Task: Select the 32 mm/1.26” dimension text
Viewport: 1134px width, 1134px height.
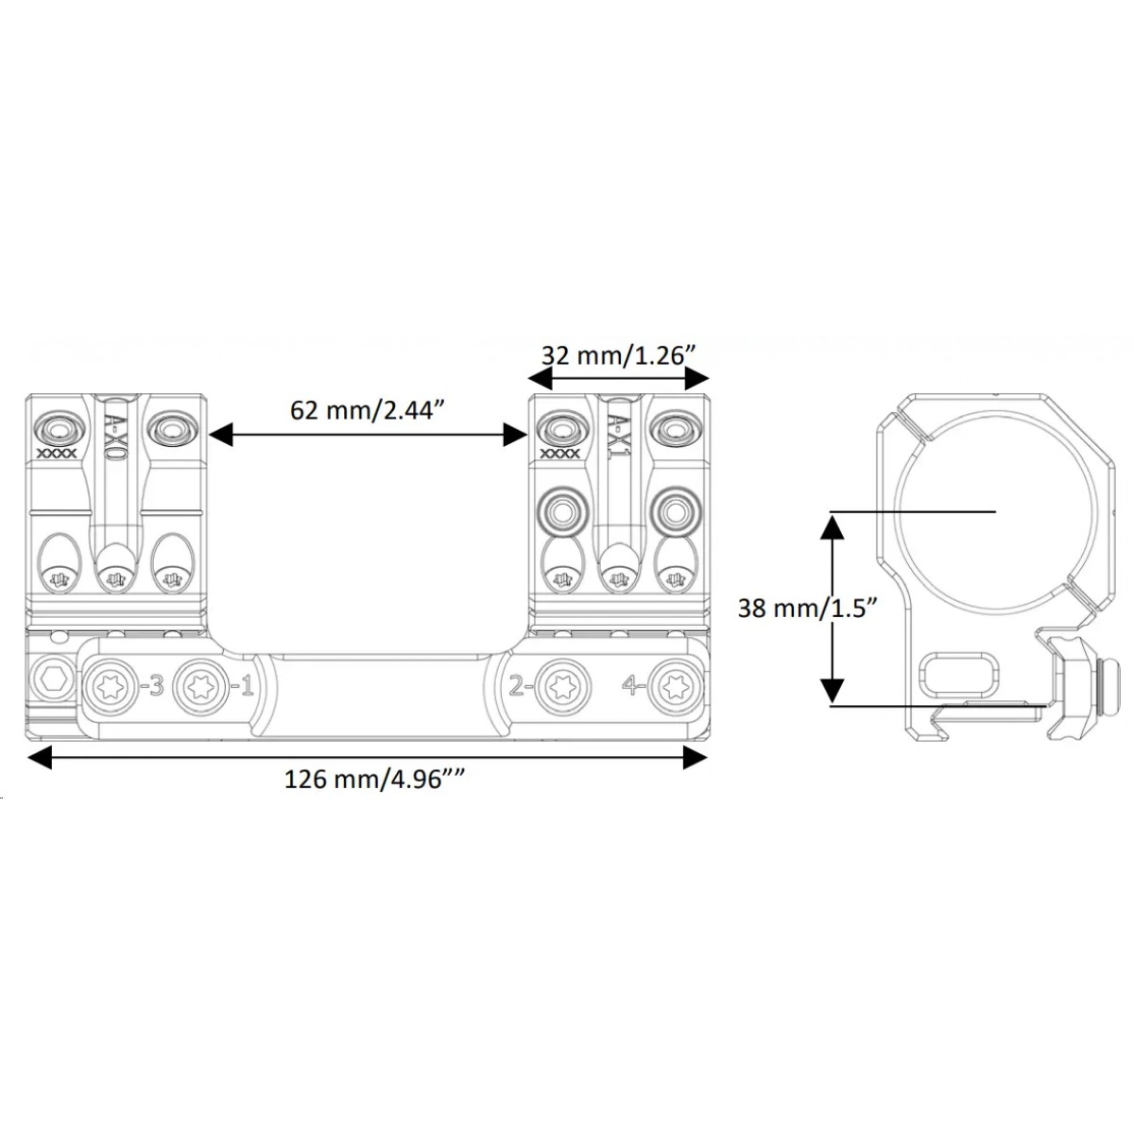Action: [618, 355]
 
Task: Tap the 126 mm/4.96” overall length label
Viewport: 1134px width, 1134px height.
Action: [374, 780]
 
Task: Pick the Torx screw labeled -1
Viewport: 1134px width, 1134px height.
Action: [200, 686]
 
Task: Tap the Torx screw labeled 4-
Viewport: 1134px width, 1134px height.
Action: [673, 686]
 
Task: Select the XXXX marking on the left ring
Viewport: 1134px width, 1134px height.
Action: [57, 454]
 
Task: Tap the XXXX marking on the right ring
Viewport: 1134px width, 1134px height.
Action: [559, 454]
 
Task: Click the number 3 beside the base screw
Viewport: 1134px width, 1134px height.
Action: [157, 685]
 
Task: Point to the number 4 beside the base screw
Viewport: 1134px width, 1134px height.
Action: [629, 685]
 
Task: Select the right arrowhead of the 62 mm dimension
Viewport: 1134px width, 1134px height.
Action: [515, 436]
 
